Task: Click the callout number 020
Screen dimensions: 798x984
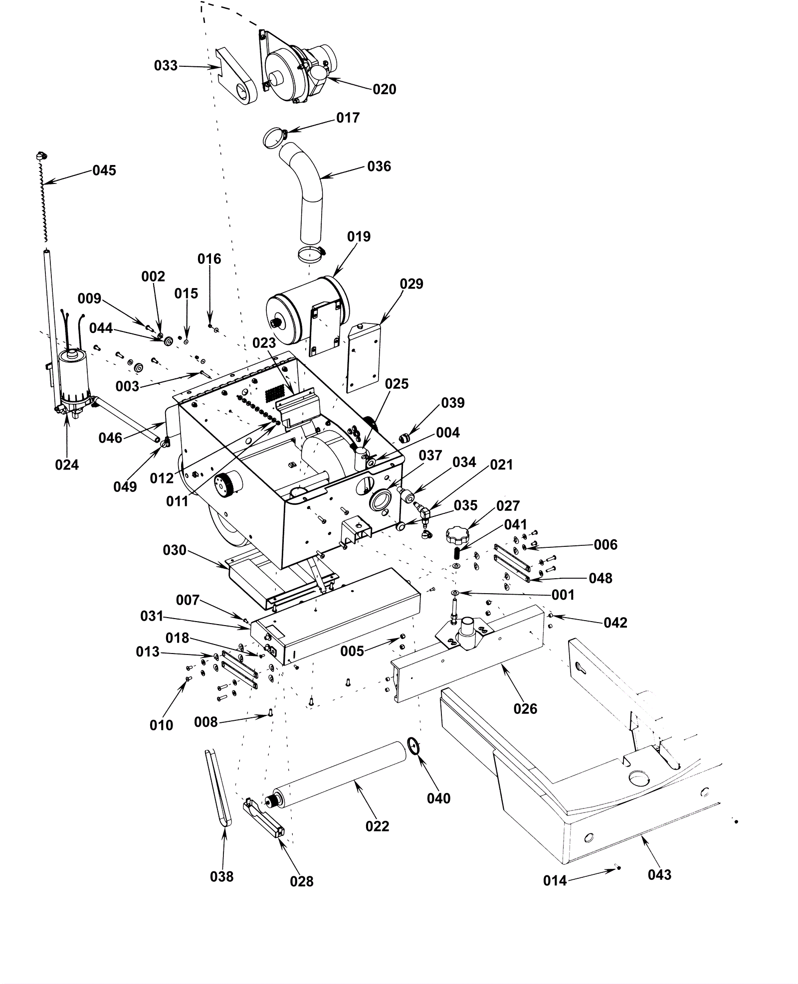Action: pos(384,89)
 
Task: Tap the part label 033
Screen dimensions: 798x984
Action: pos(166,65)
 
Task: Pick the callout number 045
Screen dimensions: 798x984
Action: pos(104,170)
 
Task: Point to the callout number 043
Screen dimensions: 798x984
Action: pos(659,874)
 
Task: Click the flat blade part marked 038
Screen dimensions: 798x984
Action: pos(218,790)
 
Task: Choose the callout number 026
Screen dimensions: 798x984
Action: pos(525,708)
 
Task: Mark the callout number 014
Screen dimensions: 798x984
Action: pos(555,880)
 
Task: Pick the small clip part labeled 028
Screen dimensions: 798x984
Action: pos(264,819)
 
